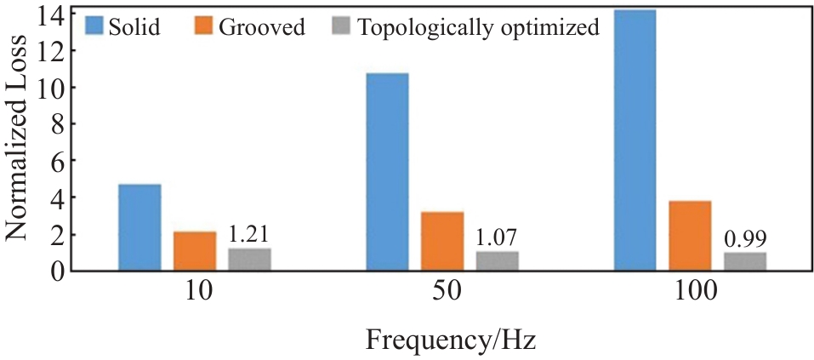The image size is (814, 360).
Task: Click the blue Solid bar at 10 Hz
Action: tap(139, 227)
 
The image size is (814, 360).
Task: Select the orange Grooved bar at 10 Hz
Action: tap(195, 251)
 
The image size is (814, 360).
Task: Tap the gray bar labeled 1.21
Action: tap(249, 260)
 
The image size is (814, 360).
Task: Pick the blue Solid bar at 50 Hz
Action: tap(387, 172)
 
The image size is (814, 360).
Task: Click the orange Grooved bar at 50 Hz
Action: tap(442, 241)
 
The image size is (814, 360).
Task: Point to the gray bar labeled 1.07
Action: tap(497, 261)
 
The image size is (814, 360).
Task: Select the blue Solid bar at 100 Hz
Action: tap(635, 140)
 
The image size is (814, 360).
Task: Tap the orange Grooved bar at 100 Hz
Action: tap(690, 236)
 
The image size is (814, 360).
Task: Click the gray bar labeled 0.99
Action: tap(745, 262)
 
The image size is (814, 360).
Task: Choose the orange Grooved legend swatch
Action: tap(204, 26)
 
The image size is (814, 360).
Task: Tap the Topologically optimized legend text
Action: tap(479, 27)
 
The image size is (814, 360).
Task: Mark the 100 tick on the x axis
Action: tap(691, 293)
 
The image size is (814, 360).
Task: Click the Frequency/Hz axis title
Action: tap(451, 341)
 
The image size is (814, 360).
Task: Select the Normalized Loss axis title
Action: tap(20, 142)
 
